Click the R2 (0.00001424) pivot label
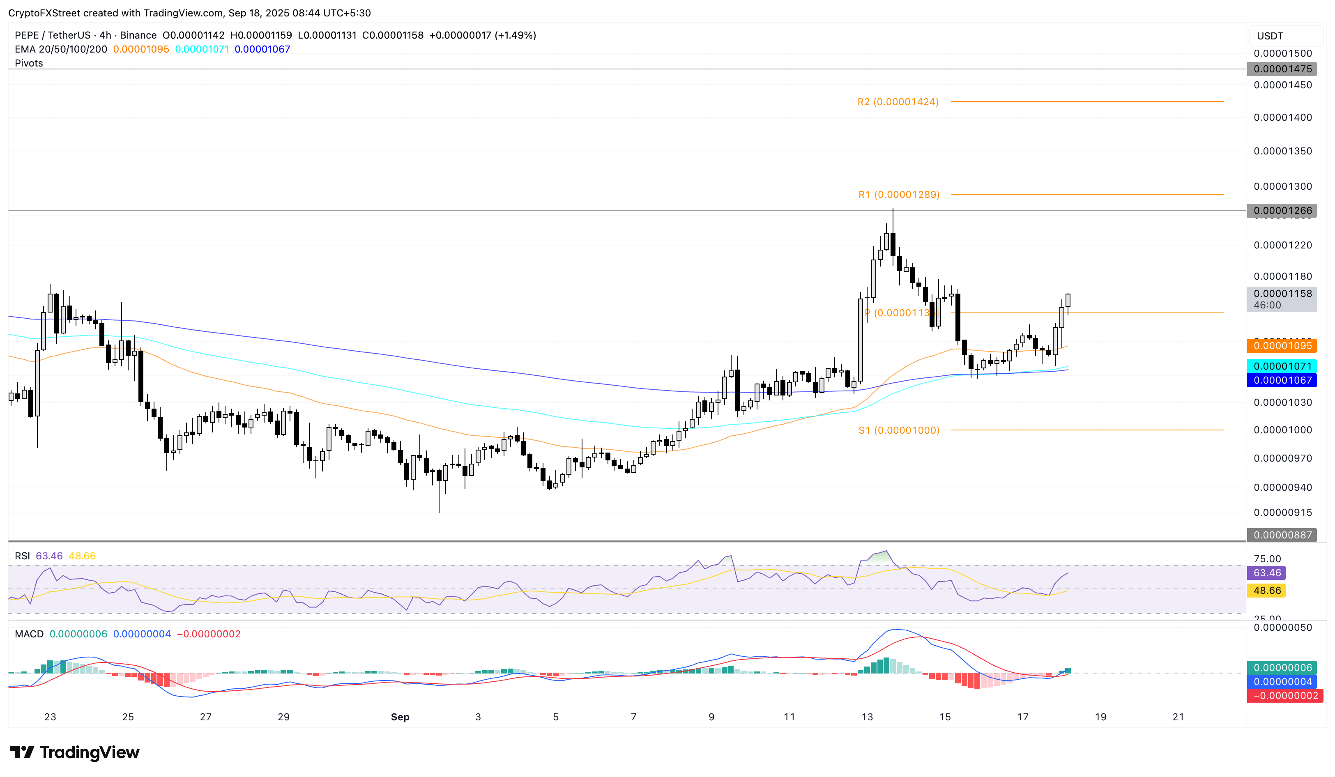click(898, 102)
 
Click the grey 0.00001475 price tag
click(1282, 69)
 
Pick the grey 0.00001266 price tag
click(1282, 211)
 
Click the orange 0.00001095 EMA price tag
click(1282, 346)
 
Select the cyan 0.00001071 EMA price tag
click(1282, 366)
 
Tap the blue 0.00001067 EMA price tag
click(1282, 380)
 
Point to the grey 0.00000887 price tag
click(1282, 535)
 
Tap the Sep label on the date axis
click(400, 717)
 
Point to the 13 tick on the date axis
click(867, 717)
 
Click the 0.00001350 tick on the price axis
click(1282, 152)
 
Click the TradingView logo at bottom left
click(75, 753)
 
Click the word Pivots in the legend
click(29, 63)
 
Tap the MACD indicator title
click(29, 634)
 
